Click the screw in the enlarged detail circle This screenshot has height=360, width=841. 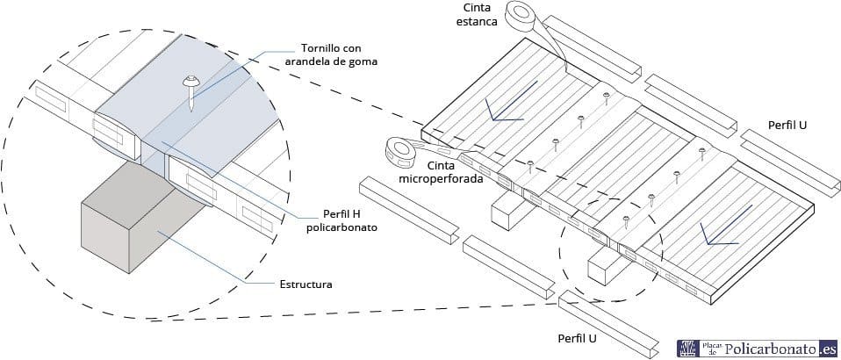click(191, 90)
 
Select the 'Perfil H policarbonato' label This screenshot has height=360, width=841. click(341, 221)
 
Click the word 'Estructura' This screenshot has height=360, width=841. click(305, 284)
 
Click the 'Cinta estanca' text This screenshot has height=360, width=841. click(482, 16)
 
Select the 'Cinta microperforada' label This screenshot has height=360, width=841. click(442, 172)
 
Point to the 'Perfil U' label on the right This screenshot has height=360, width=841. click(787, 125)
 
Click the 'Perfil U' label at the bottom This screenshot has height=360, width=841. click(577, 339)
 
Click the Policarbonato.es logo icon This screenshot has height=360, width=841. click(687, 349)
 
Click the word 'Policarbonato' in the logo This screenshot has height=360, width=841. click(772, 349)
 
